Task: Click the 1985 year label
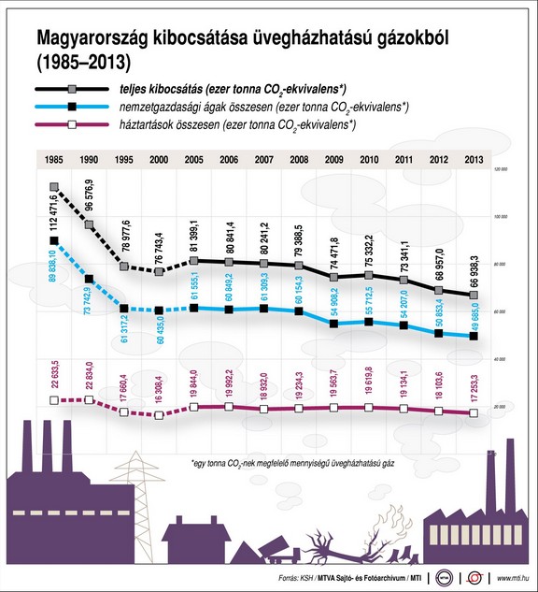coord(53,160)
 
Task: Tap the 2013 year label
coord(473,160)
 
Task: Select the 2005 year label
coord(193,160)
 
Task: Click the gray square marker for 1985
coord(53,187)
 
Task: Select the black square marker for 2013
coord(474,336)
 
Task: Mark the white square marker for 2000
coord(159,413)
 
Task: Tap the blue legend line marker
coord(69,107)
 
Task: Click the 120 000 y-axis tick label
coord(500,168)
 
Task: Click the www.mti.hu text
coord(512,579)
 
